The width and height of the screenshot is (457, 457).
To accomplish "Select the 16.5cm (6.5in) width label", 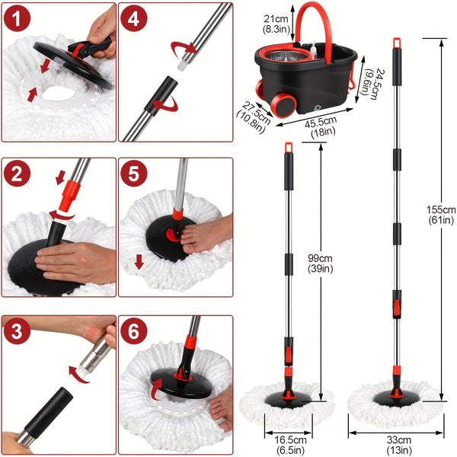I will (291, 443).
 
